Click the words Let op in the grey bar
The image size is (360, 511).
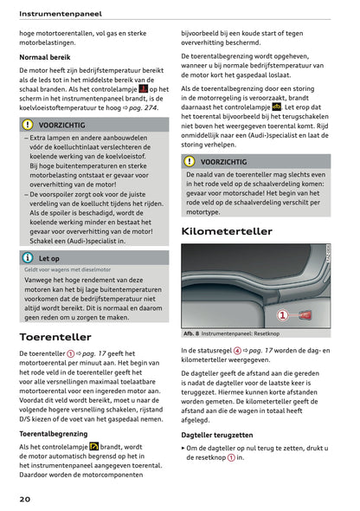pyautogui.click(x=49, y=258)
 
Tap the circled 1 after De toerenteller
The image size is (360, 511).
pyautogui.click(x=70, y=354)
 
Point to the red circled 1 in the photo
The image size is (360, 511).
pyautogui.click(x=282, y=315)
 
